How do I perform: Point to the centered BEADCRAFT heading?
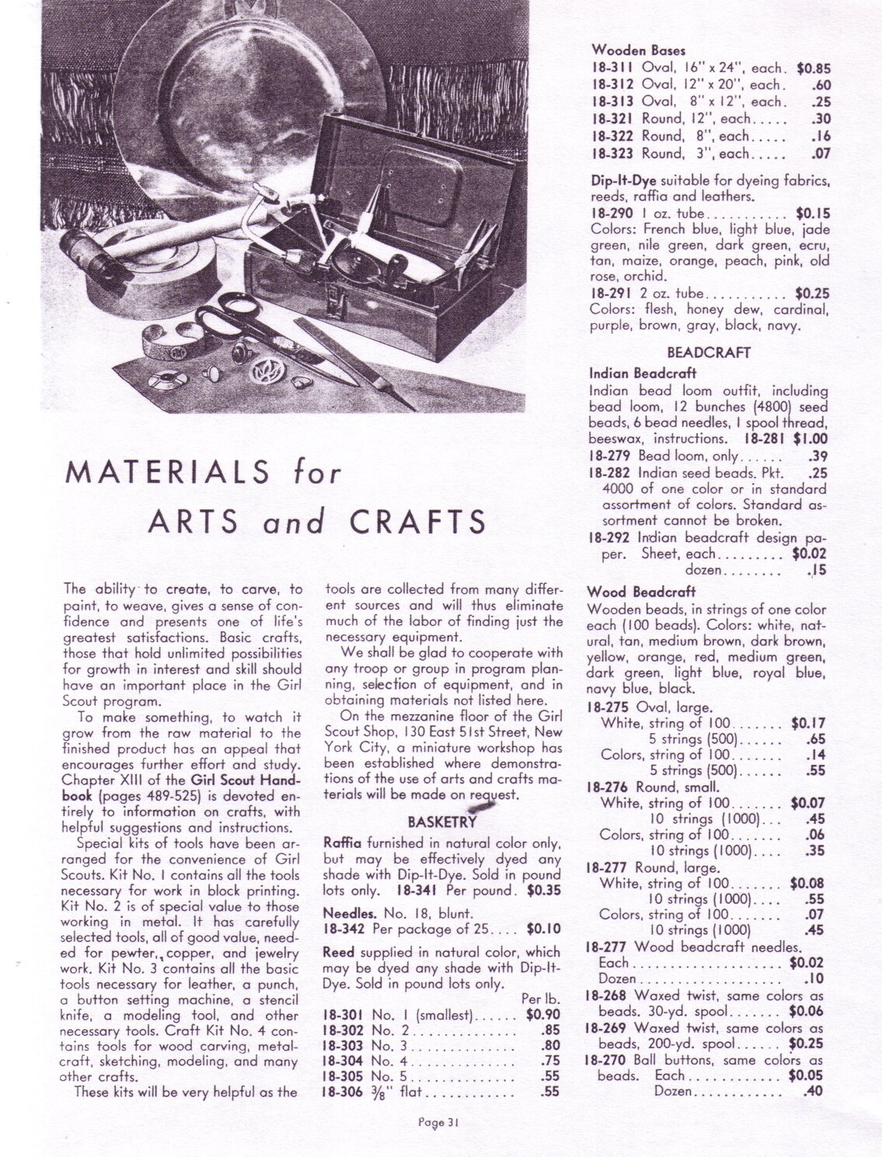pyautogui.click(x=709, y=353)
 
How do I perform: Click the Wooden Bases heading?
pyautogui.click(x=628, y=50)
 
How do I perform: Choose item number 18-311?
pyautogui.click(x=614, y=68)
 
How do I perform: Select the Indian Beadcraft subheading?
pyautogui.click(x=643, y=373)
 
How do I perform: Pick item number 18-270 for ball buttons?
pyautogui.click(x=606, y=1059)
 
